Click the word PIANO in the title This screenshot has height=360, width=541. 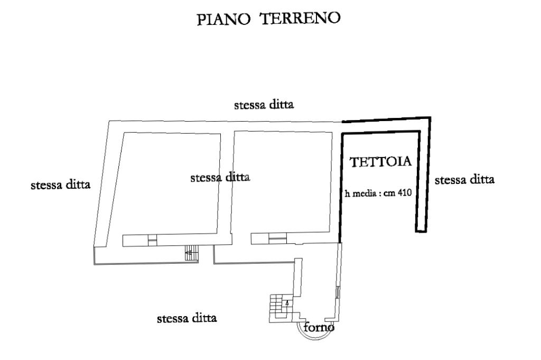[x=222, y=19]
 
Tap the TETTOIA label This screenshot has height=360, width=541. [x=381, y=162]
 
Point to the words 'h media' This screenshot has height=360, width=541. [x=359, y=193]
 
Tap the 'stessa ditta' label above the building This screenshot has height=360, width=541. [x=264, y=105]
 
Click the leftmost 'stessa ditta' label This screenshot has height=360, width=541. [x=61, y=185]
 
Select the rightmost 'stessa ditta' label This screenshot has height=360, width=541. [x=464, y=180]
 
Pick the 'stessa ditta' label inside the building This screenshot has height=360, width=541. [x=220, y=178]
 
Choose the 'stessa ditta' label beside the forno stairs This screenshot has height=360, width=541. [x=188, y=319]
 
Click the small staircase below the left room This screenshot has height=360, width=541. [x=191, y=254]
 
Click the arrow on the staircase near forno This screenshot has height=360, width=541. [x=286, y=303]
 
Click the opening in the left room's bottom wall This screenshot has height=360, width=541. [x=152, y=241]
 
